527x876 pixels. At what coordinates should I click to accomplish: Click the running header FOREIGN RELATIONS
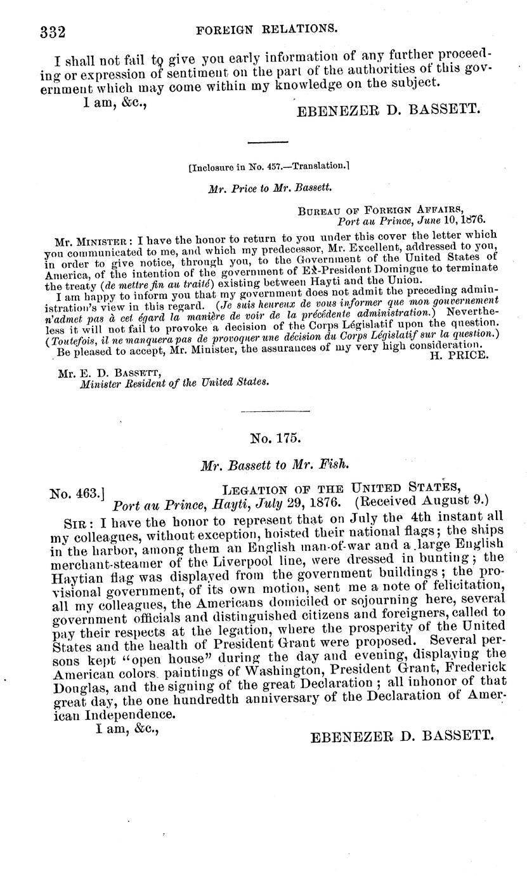coord(266,29)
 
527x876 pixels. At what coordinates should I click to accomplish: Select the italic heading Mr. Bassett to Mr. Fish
coord(273,465)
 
